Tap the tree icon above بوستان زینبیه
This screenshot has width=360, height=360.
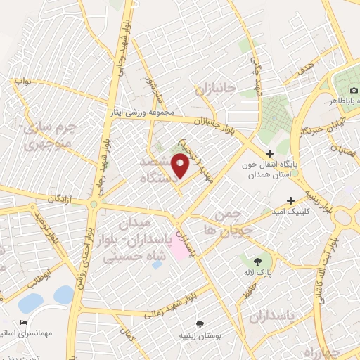tap(202, 325)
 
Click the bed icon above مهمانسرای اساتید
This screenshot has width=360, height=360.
tap(24, 323)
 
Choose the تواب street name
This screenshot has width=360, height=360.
tap(24, 81)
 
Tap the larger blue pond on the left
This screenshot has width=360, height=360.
tap(30, 303)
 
